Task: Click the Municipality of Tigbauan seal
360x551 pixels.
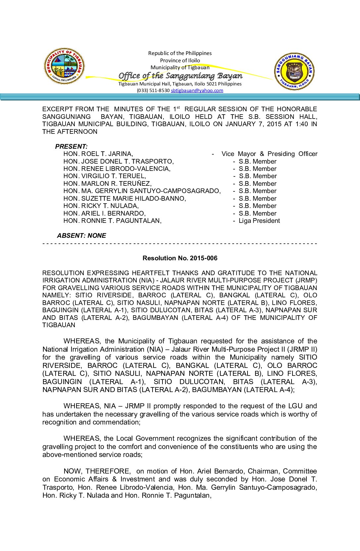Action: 64,66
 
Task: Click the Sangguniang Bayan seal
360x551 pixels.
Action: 294,72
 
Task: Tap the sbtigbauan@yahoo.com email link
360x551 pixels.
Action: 197,90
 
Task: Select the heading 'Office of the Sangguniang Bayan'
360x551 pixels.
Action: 180,76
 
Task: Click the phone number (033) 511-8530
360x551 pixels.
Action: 153,90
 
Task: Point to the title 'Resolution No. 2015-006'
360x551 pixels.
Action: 180,258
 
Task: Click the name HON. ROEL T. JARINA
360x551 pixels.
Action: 98,154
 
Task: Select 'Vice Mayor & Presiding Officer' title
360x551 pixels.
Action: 269,154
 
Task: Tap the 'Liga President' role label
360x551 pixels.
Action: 259,221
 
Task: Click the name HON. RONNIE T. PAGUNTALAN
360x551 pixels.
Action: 112,221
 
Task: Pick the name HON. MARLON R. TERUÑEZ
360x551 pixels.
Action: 108,184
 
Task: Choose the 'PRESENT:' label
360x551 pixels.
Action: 71,146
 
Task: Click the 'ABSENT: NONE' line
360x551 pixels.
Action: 81,236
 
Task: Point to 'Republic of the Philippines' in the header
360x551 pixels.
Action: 180,53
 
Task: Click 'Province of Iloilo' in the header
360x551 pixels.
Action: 180,61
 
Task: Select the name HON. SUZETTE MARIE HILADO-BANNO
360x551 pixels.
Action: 125,199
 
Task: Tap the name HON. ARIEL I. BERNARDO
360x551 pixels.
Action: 105,214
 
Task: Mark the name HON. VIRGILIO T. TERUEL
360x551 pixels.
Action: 105,176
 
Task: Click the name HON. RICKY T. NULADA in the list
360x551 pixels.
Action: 101,206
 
